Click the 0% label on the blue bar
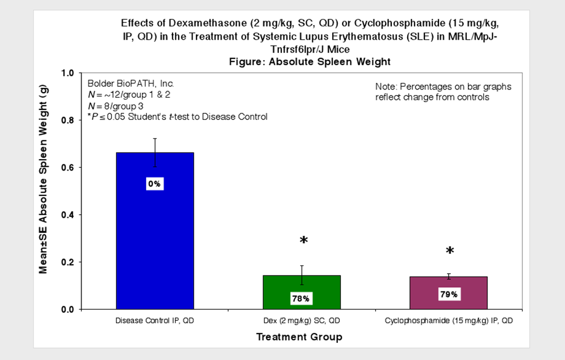[154, 184]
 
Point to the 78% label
[301, 299]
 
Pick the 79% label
[448, 294]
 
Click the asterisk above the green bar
[303, 241]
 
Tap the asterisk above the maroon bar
[450, 251]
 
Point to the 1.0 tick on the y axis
[67, 73]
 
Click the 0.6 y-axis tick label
[67, 167]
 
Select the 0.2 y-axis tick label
[67, 262]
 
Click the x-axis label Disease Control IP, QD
[154, 320]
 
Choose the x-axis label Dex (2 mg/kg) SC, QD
[301, 320]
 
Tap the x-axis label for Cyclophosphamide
[448, 320]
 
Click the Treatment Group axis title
[299, 337]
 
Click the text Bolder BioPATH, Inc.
[131, 83]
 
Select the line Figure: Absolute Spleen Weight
[310, 62]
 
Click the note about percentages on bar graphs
[443, 92]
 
